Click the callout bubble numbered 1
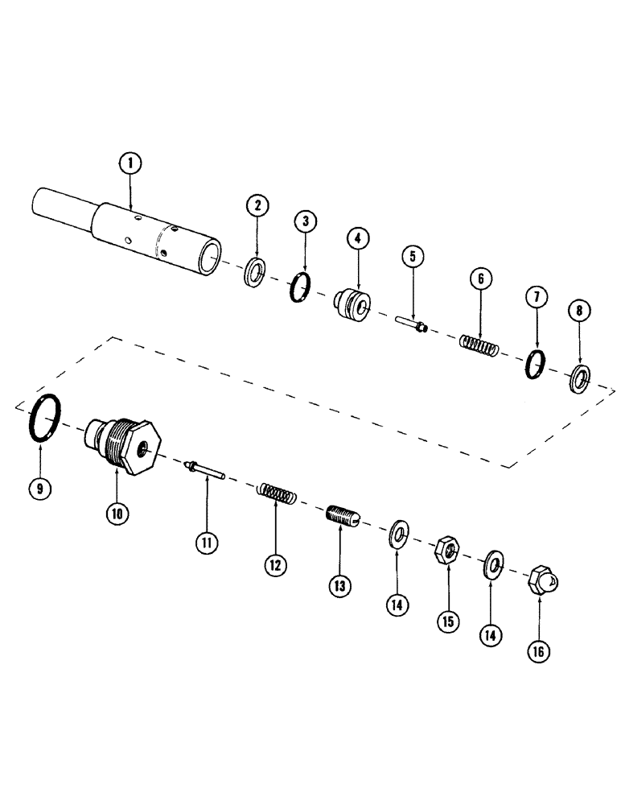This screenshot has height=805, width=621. coord(129,165)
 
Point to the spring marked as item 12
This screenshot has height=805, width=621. coord(277,492)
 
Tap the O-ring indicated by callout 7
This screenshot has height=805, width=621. coord(534,365)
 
